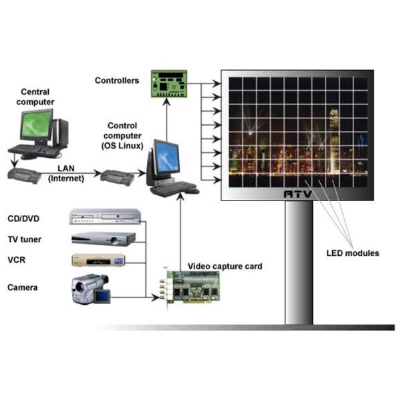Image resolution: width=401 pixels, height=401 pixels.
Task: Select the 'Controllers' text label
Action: (116, 81)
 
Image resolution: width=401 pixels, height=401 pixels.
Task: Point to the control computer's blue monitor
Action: (164, 156)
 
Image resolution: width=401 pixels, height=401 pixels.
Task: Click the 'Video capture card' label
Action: (225, 267)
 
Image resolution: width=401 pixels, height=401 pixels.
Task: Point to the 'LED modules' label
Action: (353, 253)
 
